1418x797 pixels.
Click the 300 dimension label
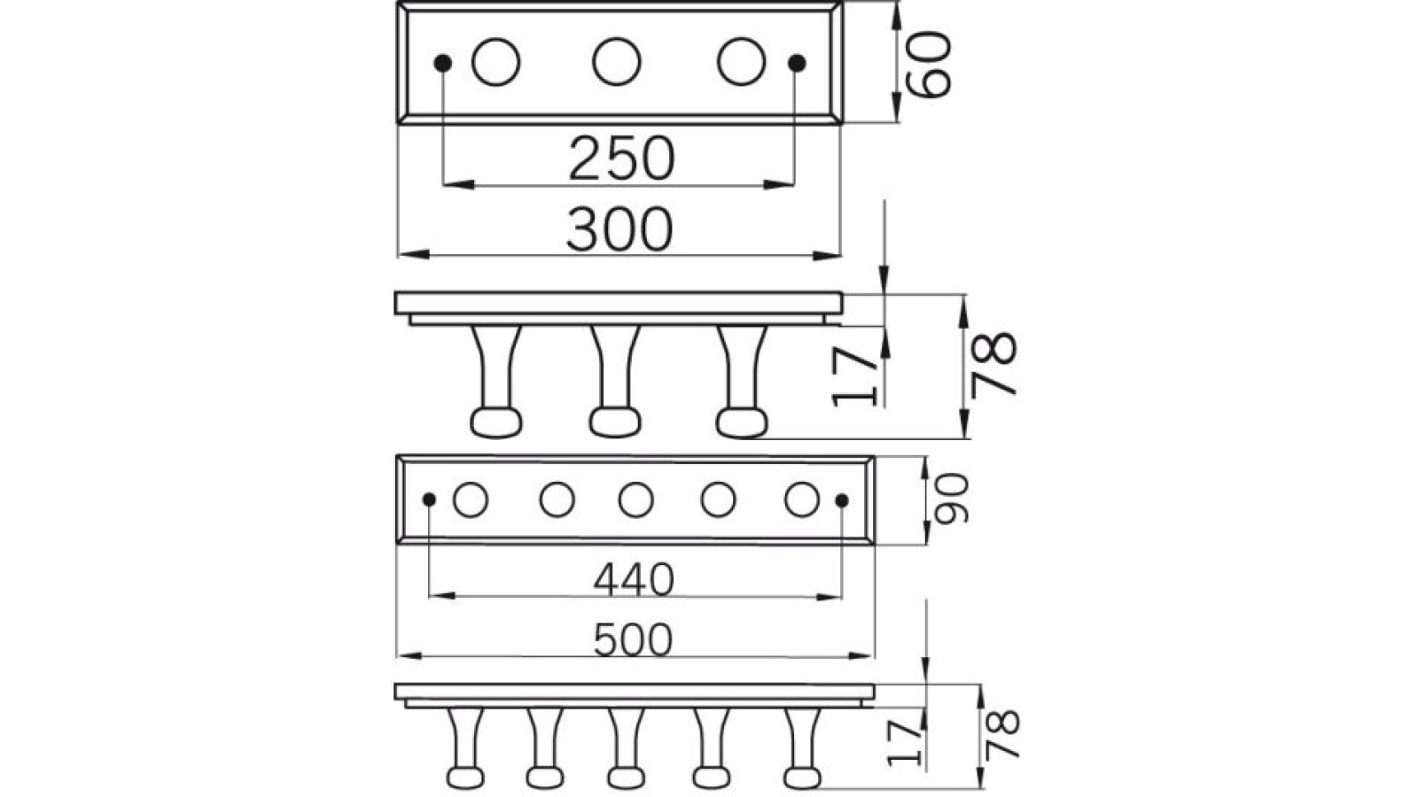[x=620, y=228]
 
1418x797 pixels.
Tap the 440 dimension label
[x=634, y=580]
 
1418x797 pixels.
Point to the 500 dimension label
[x=634, y=639]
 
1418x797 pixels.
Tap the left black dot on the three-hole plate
[x=443, y=63]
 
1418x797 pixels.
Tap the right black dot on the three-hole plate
[x=797, y=63]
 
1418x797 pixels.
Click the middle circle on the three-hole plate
[x=617, y=62]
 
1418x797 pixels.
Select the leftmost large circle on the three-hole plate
[x=495, y=62]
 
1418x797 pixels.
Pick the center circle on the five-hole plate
[x=635, y=500]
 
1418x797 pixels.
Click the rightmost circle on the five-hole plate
[x=801, y=499]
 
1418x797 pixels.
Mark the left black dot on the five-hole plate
[x=429, y=500]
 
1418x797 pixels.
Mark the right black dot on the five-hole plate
[x=842, y=500]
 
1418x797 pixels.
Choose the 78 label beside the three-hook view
[x=993, y=363]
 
